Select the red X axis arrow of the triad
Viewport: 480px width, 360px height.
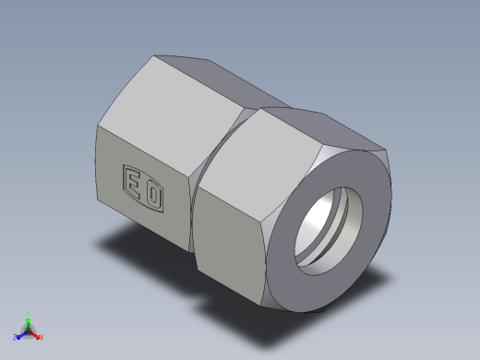[x=36, y=334]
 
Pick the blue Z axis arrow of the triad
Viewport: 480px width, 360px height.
[x=20, y=334]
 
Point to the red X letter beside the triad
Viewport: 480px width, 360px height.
[x=42, y=337]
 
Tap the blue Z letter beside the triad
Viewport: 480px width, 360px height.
[x=15, y=337]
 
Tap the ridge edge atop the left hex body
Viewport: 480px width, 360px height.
[x=198, y=58]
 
